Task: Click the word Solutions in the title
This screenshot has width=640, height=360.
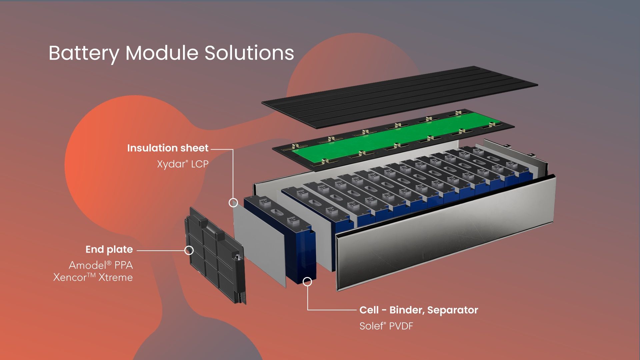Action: [x=249, y=53]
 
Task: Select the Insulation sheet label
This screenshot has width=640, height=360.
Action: [x=168, y=148]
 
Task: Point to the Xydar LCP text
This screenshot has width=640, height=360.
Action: [x=183, y=164]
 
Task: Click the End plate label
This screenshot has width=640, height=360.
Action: [x=109, y=249]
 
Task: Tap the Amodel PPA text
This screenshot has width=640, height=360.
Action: [x=101, y=265]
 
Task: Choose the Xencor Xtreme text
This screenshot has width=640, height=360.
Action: [x=93, y=277]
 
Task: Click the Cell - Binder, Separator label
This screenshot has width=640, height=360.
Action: [x=419, y=310]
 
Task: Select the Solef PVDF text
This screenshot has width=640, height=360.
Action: [x=386, y=326]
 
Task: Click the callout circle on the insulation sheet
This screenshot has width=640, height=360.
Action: [x=233, y=202]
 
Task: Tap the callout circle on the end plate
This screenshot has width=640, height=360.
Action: [x=189, y=250]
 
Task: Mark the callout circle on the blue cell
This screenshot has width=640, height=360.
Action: [x=307, y=282]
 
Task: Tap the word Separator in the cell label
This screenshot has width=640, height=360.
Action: [x=453, y=310]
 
